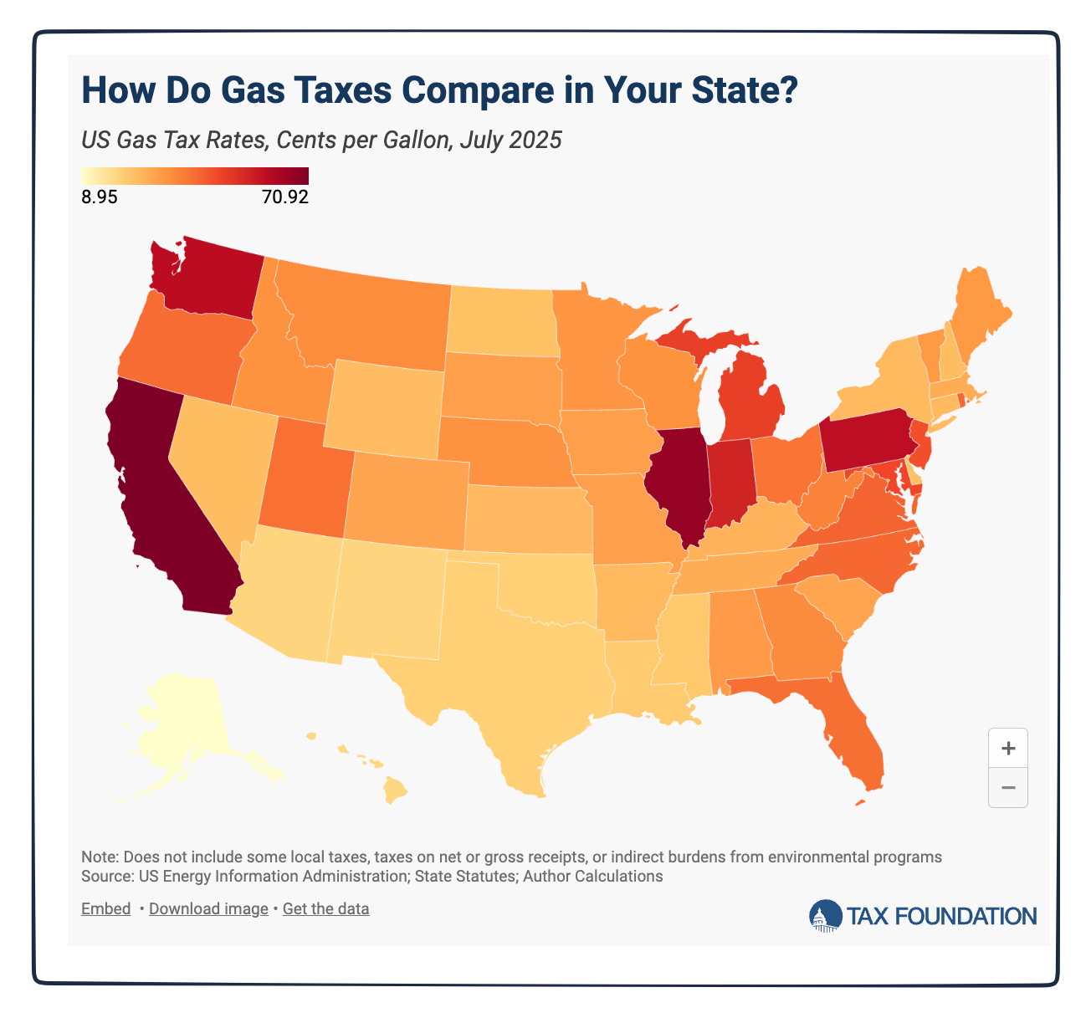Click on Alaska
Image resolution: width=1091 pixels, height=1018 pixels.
click(x=184, y=728)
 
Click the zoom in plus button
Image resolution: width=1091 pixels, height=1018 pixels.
click(x=1007, y=748)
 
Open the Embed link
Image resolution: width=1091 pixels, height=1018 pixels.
click(x=105, y=908)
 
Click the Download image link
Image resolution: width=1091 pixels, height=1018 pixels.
click(x=208, y=908)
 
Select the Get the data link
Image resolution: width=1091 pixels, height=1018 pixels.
click(x=325, y=908)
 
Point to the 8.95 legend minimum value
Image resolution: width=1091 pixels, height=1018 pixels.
click(x=100, y=198)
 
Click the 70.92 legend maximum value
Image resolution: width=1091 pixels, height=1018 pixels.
click(x=284, y=198)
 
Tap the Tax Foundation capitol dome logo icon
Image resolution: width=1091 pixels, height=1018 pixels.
click(x=825, y=916)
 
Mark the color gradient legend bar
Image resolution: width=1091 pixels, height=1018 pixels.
click(x=195, y=176)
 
